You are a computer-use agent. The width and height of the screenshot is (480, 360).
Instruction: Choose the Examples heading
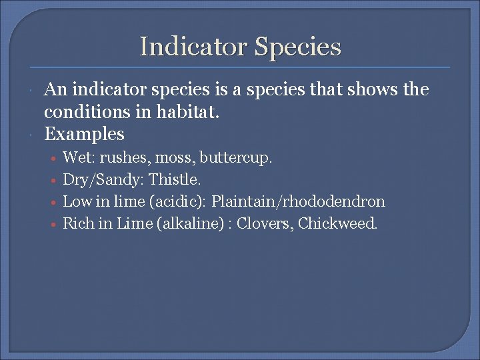pyautogui.click(x=84, y=134)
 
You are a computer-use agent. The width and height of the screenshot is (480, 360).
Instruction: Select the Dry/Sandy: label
pyautogui.click(x=103, y=180)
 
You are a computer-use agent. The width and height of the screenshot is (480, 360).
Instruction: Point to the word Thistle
pyautogui.click(x=175, y=179)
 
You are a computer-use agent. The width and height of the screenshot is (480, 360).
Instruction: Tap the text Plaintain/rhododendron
pyautogui.click(x=298, y=201)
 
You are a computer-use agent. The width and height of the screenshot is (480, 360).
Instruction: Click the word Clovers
pyautogui.click(x=268, y=223)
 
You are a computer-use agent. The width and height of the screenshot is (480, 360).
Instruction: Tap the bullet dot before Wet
pyautogui.click(x=52, y=159)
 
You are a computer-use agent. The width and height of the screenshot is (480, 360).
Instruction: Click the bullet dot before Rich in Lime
pyautogui.click(x=52, y=225)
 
